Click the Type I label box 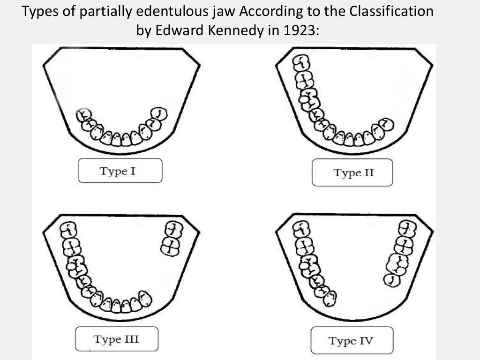[x=120, y=171]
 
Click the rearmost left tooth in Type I [x=84, y=114]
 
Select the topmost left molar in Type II [x=302, y=62]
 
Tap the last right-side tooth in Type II [x=386, y=124]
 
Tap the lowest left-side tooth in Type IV [x=331, y=296]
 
